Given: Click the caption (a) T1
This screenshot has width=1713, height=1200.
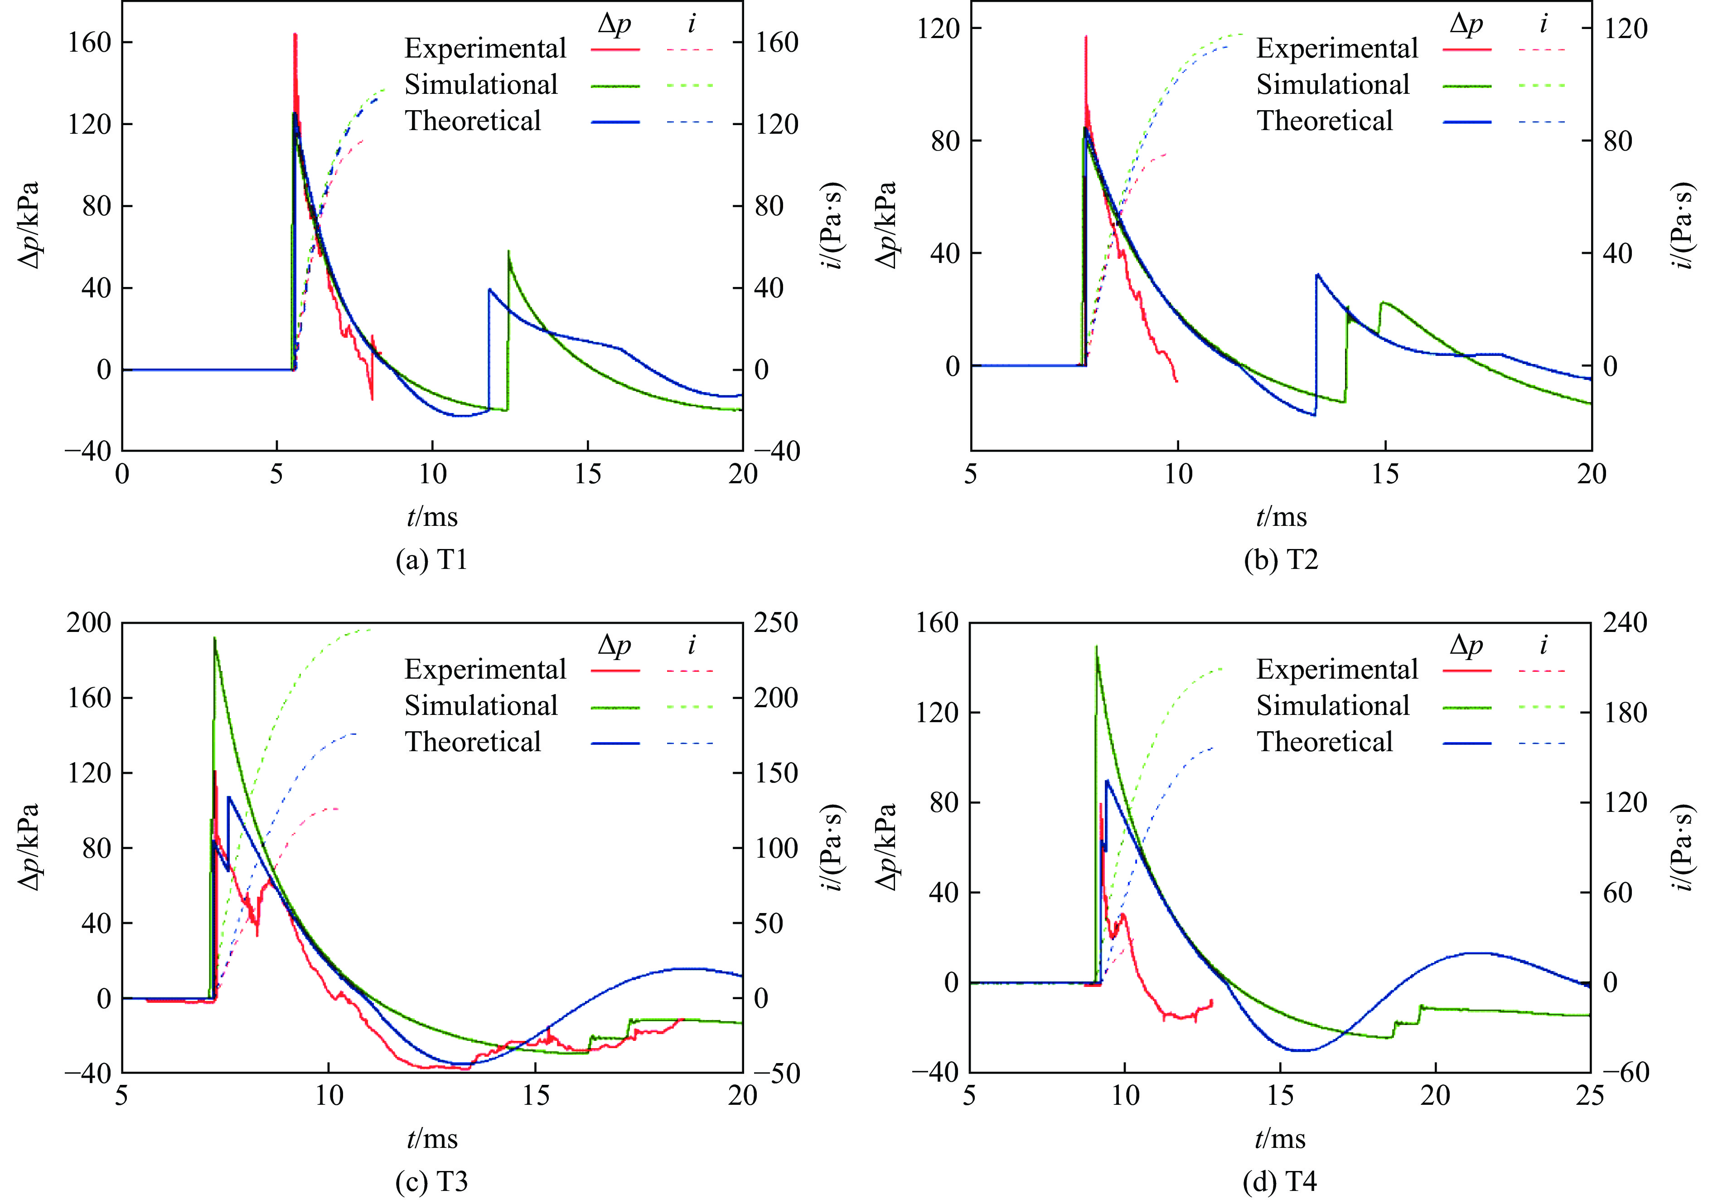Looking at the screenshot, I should click(x=431, y=560).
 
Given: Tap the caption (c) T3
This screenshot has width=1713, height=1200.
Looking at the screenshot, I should click(x=431, y=1181).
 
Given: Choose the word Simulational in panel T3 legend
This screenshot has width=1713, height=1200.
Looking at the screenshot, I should click(x=481, y=706).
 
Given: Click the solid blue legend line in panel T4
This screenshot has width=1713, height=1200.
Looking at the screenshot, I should click(x=1467, y=743).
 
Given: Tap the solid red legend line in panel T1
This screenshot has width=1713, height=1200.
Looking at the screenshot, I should click(x=615, y=49).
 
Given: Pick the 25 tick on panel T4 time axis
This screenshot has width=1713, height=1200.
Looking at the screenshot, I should click(x=1590, y=1096).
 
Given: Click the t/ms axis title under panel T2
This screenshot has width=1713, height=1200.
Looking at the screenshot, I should click(x=1281, y=516).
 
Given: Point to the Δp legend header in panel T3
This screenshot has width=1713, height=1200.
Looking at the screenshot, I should click(x=614, y=645).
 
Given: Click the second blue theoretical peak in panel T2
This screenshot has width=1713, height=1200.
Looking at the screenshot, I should click(x=1317, y=275).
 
